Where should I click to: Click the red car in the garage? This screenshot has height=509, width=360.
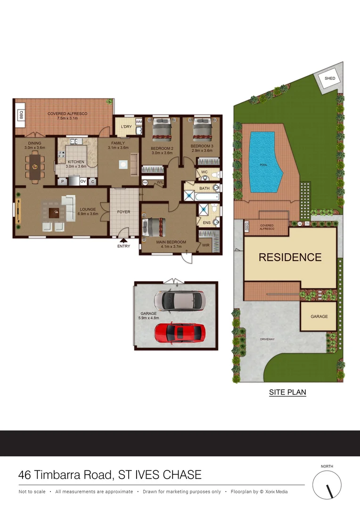[x=180, y=332]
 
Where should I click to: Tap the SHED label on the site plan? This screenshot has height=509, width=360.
[x=330, y=78]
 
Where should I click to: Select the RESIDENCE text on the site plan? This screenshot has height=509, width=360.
[x=290, y=257]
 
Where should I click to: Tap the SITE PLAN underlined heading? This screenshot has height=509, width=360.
[x=287, y=392]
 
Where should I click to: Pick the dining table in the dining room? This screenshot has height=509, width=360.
[x=34, y=166]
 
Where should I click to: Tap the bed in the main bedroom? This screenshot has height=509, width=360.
[x=154, y=227]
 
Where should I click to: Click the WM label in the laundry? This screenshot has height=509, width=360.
[x=139, y=122]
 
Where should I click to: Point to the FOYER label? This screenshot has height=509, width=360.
[x=123, y=212]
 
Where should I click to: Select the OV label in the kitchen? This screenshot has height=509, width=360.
[x=83, y=181]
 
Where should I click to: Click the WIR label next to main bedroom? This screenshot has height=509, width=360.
[x=206, y=245]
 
